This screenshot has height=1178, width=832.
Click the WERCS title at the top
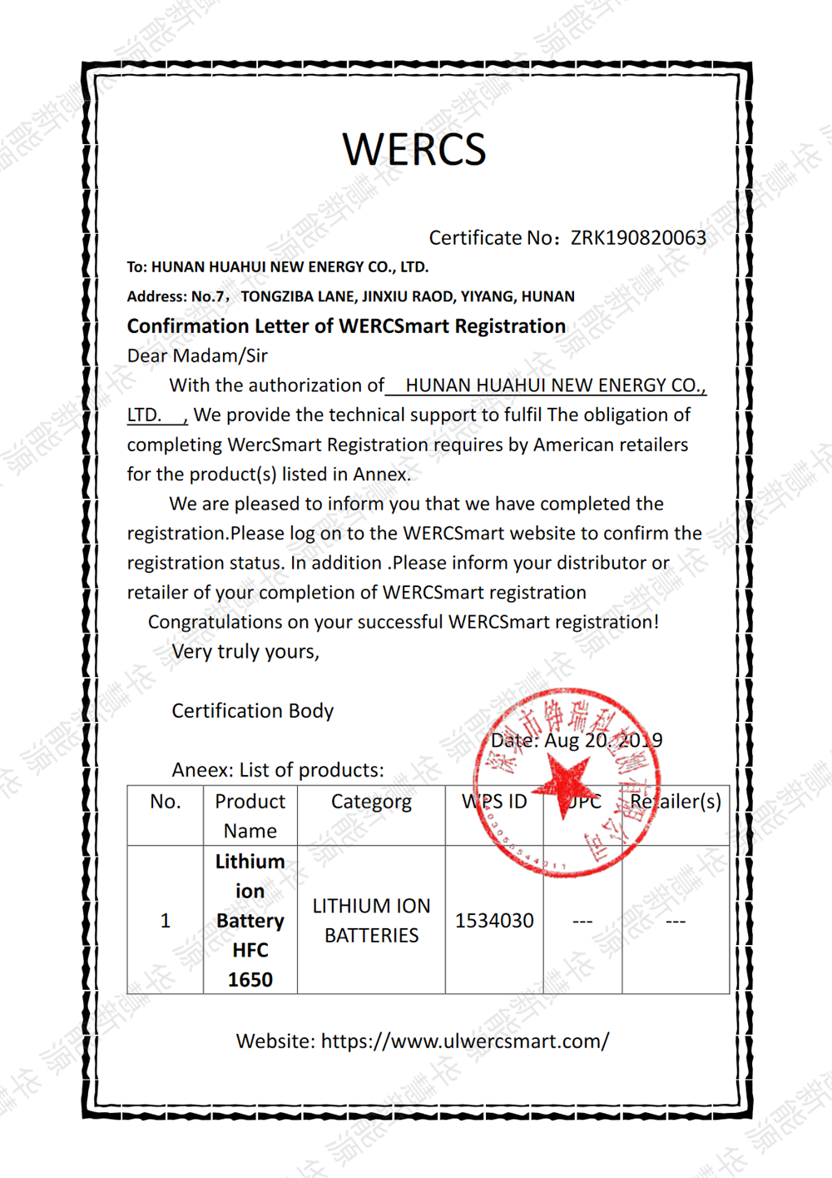tap(414, 150)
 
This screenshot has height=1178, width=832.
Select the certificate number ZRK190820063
tap(638, 238)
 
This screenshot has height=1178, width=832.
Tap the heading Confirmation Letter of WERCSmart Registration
tap(346, 326)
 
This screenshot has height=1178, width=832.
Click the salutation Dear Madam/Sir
tap(197, 356)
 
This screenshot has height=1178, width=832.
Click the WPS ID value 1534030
tap(494, 921)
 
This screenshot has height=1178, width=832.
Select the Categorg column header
tap(371, 802)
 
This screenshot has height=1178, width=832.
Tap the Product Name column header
tap(250, 816)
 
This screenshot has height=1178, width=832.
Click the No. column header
tap(165, 802)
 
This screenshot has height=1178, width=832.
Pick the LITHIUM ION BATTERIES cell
tap(371, 921)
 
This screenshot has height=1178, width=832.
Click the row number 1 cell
tap(165, 921)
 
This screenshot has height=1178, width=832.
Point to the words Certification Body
tap(252, 711)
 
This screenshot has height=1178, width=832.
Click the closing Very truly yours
tap(245, 652)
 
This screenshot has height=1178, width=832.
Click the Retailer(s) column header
tap(675, 802)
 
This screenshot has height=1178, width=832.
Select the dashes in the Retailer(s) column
tap(675, 922)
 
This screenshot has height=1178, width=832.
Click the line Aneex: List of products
tap(278, 770)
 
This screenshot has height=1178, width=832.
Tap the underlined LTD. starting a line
tap(144, 415)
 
